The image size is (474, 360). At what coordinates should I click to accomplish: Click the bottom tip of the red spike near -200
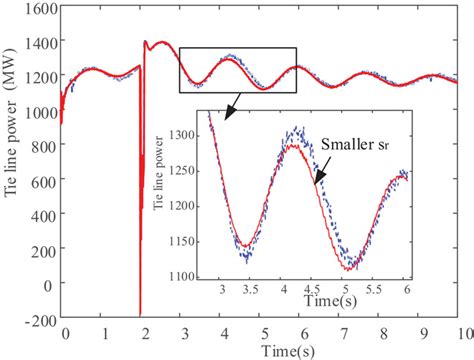(140, 312)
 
